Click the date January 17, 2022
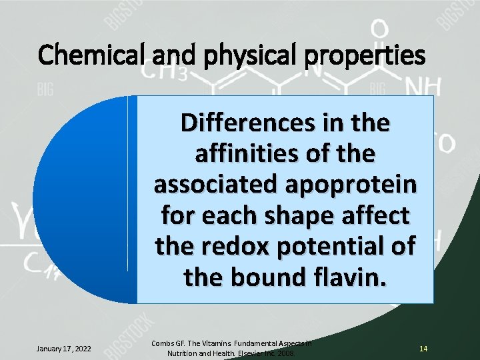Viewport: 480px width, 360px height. coord(64,348)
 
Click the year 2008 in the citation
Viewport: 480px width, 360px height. coord(285,353)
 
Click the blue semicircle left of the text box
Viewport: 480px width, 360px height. coord(80,200)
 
